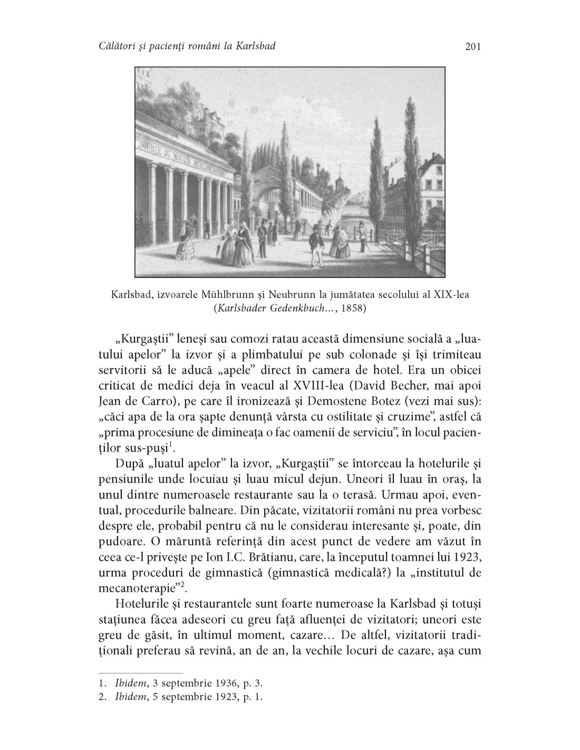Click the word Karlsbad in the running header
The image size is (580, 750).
[252, 47]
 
